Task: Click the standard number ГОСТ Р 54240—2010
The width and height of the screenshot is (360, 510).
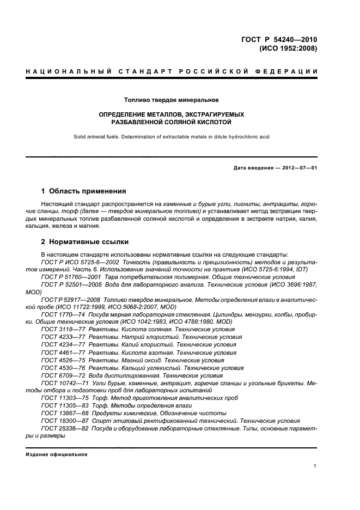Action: click(x=279, y=39)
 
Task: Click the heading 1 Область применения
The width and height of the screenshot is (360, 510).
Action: click(x=83, y=191)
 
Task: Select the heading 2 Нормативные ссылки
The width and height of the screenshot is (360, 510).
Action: click(x=85, y=242)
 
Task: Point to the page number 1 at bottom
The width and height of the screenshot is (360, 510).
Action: click(x=315, y=466)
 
